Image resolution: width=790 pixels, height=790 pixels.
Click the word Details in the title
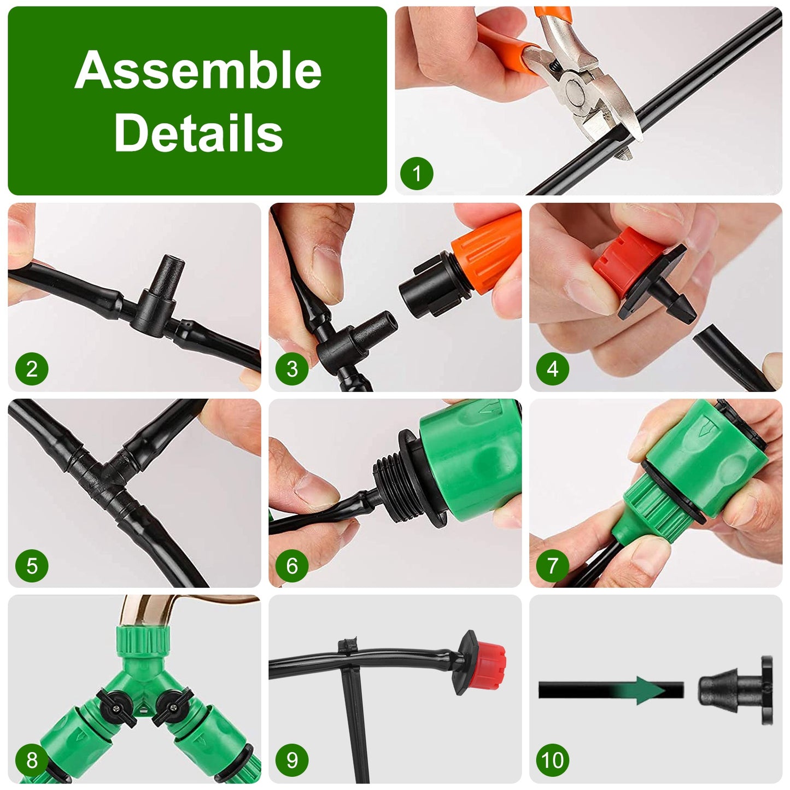tap(198, 133)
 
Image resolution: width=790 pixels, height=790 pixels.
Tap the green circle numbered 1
tap(417, 174)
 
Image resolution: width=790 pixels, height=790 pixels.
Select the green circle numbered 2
tap(32, 369)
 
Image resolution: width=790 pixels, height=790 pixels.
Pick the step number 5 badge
tap(32, 565)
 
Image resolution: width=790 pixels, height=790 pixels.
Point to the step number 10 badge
tap(552, 760)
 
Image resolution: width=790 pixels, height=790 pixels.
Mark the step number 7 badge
tap(552, 565)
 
